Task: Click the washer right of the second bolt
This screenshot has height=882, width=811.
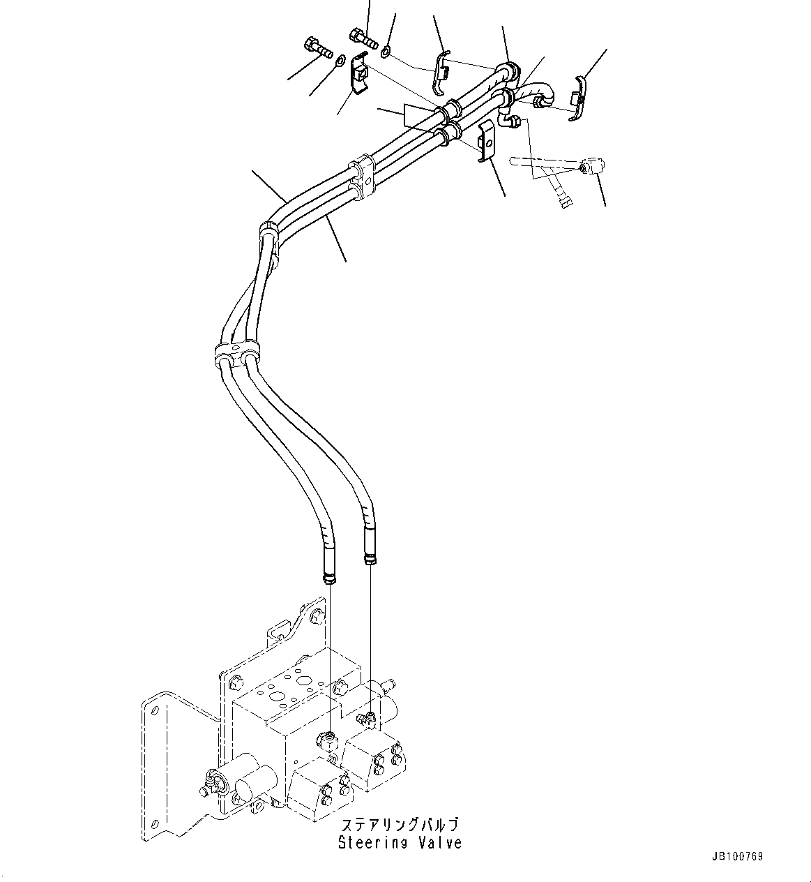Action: pos(386,51)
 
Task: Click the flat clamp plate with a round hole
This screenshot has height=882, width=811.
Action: pos(486,142)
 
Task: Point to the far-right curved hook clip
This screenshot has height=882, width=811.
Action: pos(578,98)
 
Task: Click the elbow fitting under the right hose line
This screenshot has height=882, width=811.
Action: pos(365,718)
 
